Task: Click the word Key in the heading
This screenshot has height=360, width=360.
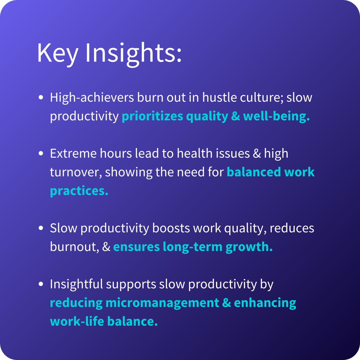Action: pos(57,53)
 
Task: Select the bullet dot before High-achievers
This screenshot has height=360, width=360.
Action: pos(41,97)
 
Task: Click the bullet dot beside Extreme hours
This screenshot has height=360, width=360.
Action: pos(41,153)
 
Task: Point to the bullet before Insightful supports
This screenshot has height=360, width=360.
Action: pos(41,284)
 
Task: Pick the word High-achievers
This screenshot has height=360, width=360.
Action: pos(92,97)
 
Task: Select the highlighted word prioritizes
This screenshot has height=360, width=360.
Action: pos(152,116)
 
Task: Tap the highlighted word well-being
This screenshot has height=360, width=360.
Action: pos(276,116)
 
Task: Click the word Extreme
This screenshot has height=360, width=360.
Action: pos(73,153)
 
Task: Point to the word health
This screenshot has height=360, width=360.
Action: pos(195,153)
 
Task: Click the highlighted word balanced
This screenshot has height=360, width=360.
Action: pos(254,172)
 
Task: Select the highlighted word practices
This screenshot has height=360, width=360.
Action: pos(79,191)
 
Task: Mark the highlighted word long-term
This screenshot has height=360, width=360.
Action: pos(193,247)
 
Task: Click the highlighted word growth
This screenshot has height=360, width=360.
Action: pos(249,247)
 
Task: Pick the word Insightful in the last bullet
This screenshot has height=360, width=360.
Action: pos(76,284)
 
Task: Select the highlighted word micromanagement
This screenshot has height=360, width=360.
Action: pos(162,303)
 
